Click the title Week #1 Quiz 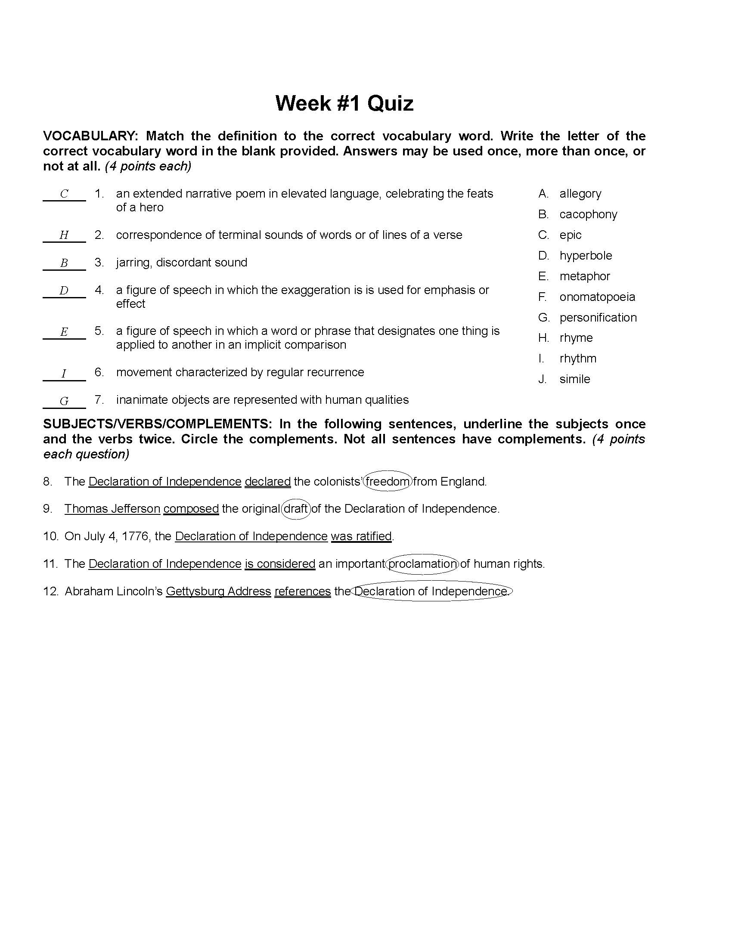coord(344,104)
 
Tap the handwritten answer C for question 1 coord(64,194)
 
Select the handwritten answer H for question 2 coord(64,235)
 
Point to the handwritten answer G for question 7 coord(64,401)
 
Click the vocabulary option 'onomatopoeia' coord(597,297)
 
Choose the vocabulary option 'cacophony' coord(588,214)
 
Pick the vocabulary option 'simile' coord(574,379)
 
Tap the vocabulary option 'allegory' coord(580,193)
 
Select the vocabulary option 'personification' coord(598,317)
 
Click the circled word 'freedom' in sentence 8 coord(387,481)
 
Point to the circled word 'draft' coord(296,509)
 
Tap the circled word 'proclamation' coord(422,564)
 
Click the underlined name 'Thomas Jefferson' coord(112,509)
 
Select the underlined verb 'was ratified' coord(361,536)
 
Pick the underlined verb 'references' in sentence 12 coord(302,591)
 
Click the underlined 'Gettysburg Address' coord(218,591)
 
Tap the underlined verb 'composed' coord(191,509)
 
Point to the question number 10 coord(50,536)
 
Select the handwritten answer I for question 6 coord(64,373)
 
